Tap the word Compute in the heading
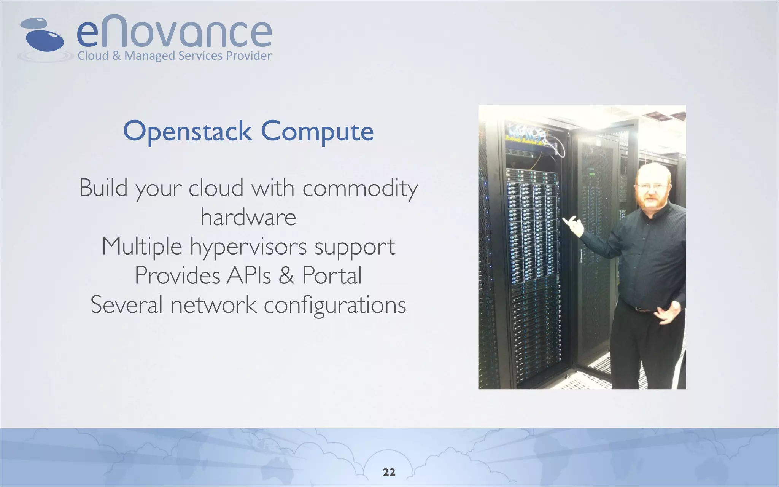coord(317,132)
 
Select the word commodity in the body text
coord(360,188)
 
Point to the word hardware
coord(248,217)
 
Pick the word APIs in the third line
coord(249,275)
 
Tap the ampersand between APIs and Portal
coord(286,275)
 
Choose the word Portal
coord(332,275)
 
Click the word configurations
coord(335,305)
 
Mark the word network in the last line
coord(213,305)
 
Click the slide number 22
coord(389,472)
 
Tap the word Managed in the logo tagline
coord(149,56)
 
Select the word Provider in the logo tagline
coord(249,56)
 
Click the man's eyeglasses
coord(651,185)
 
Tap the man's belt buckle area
coord(643,310)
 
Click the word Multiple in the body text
coord(141,247)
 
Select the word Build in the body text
coord(103,188)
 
